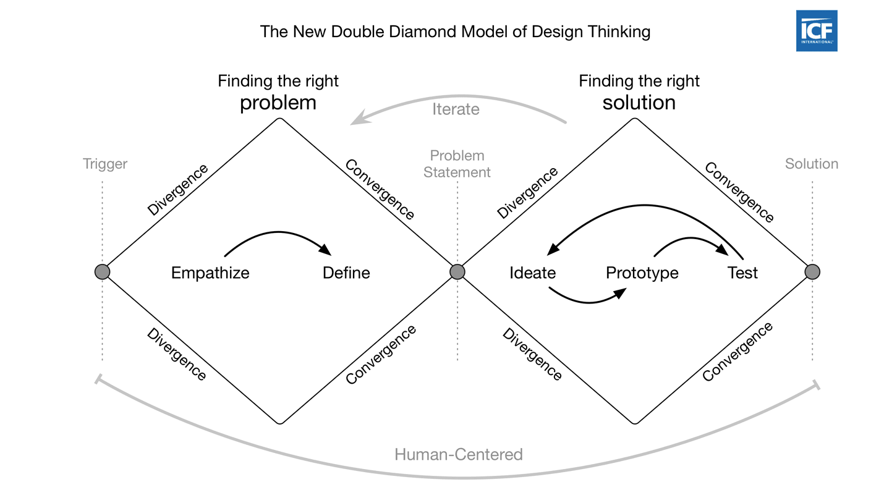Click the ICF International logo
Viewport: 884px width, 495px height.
pyautogui.click(x=817, y=31)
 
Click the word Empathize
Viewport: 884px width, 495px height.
pyautogui.click(x=210, y=273)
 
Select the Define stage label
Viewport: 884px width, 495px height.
pyautogui.click(x=346, y=273)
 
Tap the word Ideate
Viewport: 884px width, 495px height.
pyautogui.click(x=532, y=273)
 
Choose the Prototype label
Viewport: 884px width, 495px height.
pyautogui.click(x=642, y=273)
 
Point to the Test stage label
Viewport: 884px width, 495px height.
pyautogui.click(x=742, y=273)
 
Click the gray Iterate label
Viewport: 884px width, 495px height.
pyautogui.click(x=456, y=109)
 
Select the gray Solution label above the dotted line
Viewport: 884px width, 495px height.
pyautogui.click(x=812, y=164)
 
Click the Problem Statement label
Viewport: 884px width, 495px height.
pyautogui.click(x=457, y=164)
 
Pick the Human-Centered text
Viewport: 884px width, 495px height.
pyautogui.click(x=459, y=454)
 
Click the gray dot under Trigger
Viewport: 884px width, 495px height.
pyautogui.click(x=102, y=272)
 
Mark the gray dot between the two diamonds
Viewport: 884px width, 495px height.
pyautogui.click(x=457, y=272)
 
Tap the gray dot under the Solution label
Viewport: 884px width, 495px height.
pyautogui.click(x=812, y=272)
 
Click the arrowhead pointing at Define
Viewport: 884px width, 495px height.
pyautogui.click(x=325, y=250)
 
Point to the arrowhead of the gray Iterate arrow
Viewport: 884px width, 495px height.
pyautogui.click(x=360, y=118)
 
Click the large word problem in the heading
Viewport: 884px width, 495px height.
pyautogui.click(x=278, y=103)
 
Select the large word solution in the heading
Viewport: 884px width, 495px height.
pyautogui.click(x=639, y=103)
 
